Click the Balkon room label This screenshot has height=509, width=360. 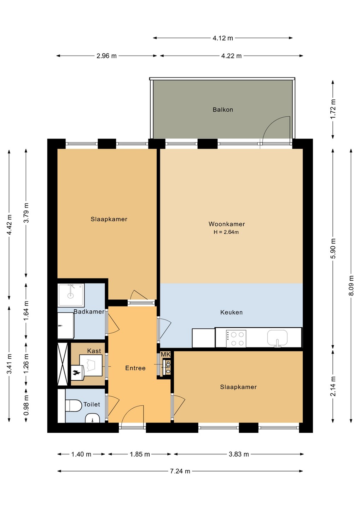click(223, 110)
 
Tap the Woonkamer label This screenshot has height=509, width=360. click(227, 224)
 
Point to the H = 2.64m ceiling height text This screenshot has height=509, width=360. click(226, 232)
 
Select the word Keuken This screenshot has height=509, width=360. click(231, 312)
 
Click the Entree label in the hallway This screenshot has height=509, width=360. click(135, 368)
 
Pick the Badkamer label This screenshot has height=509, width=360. click(89, 311)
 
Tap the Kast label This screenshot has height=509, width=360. click(94, 351)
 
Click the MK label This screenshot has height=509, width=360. click(166, 354)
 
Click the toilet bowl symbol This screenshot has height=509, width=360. click(74, 406)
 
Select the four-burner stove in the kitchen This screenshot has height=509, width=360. click(236, 339)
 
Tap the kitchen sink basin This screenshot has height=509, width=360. click(277, 338)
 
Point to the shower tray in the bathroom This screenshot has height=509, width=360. click(71, 295)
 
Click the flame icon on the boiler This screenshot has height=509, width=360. click(75, 372)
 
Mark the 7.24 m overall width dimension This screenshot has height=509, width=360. click(180, 471)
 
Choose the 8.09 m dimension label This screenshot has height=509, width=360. click(352, 286)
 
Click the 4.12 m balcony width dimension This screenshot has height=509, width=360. click(223, 38)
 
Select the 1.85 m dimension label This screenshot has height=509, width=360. click(140, 454)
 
